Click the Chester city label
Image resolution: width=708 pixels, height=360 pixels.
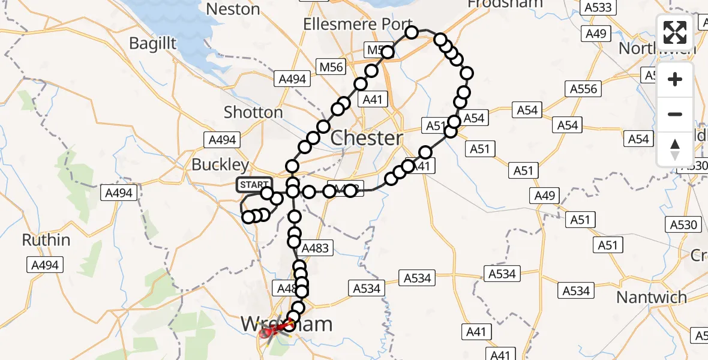pos(367,138)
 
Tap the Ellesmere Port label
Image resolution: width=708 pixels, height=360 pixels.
pos(349,25)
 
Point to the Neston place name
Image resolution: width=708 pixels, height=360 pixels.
pos(233,9)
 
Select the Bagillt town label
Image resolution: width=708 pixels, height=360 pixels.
pos(154,43)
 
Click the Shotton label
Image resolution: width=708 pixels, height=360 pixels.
pos(253,112)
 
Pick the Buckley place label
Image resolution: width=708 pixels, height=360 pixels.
pos(220,164)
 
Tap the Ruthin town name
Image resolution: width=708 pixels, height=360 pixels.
pos(46,240)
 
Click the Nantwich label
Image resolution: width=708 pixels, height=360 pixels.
pos(652,297)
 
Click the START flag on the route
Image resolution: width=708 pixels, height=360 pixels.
pos(254,184)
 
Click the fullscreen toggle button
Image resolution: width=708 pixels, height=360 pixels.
pos(675,32)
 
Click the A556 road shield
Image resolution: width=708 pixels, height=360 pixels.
pos(582,89)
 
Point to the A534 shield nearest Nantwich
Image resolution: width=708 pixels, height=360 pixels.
pos(576,291)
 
